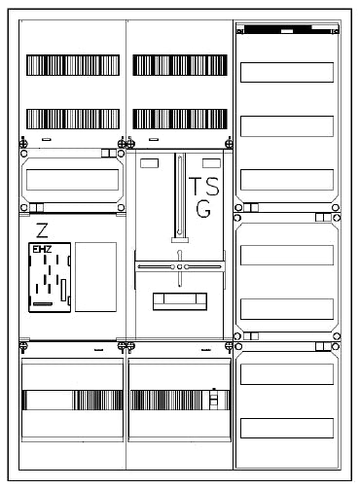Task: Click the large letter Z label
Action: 42,230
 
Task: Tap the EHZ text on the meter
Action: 42,250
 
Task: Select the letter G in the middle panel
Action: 203,209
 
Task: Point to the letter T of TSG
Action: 196,186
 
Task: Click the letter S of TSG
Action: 212,186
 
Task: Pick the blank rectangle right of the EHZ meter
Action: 95,277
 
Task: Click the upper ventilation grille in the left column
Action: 73,65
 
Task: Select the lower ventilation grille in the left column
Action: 73,119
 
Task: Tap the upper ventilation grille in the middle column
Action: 180,65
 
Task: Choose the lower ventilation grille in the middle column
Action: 180,119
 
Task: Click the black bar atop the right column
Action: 289,29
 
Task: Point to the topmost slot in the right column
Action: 287,72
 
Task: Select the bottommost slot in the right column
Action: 287,428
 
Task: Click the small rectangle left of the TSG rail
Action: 150,163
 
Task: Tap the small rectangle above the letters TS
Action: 211,163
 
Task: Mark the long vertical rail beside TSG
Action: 180,197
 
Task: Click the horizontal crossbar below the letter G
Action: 180,266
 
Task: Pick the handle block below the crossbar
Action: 180,301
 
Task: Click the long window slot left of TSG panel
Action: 72,180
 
